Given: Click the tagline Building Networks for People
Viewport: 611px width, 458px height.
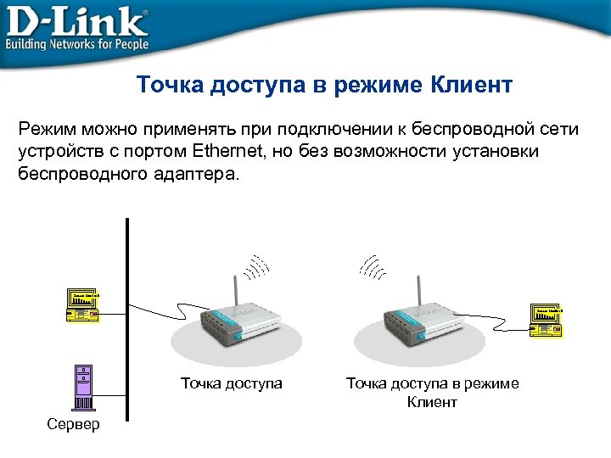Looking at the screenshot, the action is coord(78,43).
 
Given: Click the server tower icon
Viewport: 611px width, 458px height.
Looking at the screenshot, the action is coord(83,387).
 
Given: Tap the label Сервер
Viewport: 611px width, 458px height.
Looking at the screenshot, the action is coord(74,424).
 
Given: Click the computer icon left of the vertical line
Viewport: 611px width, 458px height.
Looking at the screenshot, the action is coord(83,306).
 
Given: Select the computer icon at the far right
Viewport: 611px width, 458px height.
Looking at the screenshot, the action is coord(547,320).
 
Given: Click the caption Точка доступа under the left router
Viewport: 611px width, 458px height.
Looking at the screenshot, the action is coord(231,383).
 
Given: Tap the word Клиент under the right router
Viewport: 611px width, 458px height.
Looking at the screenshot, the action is coord(432,402).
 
